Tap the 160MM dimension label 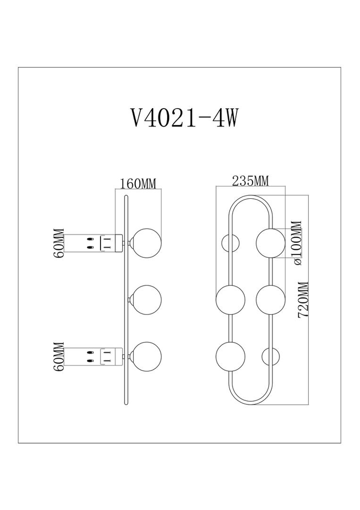pos(138,184)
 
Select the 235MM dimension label pos(251,180)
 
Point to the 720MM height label pos(303,299)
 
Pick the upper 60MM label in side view pos(59,243)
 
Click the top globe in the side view pos(146,243)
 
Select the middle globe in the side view pos(146,299)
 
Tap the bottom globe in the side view pos(146,356)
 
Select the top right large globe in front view pos(270,243)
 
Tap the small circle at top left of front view pos(230,243)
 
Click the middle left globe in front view pos(230,299)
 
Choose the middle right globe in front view pos(270,299)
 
